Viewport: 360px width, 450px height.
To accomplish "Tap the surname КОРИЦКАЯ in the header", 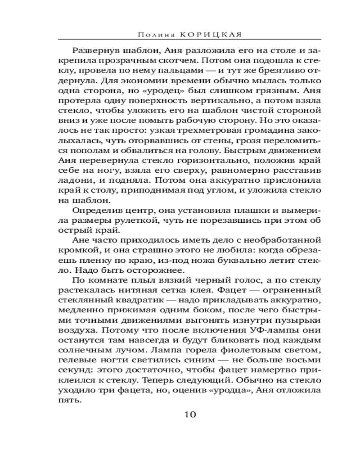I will tap(202, 34).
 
